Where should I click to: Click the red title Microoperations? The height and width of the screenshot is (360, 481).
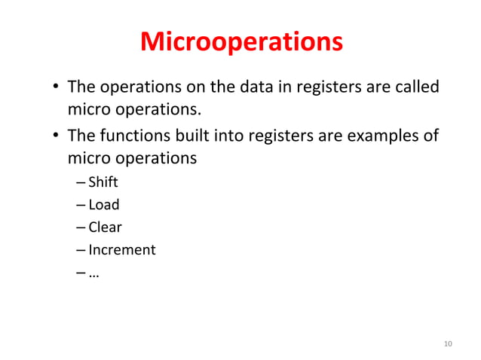tap(241, 41)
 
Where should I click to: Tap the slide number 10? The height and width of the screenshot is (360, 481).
tap(448, 344)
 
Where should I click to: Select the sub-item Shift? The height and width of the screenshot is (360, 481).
tap(103, 182)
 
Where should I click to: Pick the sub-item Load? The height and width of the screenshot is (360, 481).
tap(104, 204)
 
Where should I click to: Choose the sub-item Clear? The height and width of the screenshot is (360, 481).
tap(105, 227)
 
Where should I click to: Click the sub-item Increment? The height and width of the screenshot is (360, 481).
tap(122, 249)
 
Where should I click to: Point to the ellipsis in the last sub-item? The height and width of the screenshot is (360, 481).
tap(94, 273)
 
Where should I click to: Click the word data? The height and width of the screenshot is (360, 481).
tap(260, 87)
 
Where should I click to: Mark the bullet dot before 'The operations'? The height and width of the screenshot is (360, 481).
tap(57, 88)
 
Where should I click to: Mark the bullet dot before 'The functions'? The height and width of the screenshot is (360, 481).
tap(57, 137)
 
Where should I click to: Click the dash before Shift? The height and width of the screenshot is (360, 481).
tap(81, 182)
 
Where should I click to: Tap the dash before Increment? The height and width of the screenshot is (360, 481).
tap(81, 250)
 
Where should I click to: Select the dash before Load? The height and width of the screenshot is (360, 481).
tap(81, 205)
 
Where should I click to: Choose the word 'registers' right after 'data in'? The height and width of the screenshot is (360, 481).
tap(326, 87)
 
